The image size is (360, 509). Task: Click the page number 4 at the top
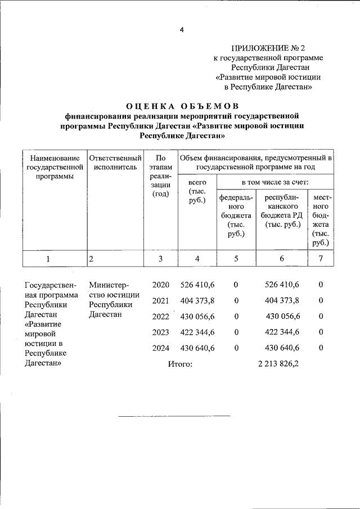click(x=182, y=30)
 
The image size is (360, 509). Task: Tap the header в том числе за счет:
click(x=275, y=183)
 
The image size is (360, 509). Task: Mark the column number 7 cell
click(x=320, y=259)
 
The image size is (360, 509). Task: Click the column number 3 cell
click(x=160, y=259)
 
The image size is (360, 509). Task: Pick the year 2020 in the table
click(x=160, y=285)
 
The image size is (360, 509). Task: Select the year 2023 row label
click(x=160, y=332)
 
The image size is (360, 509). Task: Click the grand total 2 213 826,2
click(x=278, y=364)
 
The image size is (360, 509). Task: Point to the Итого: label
click(x=180, y=364)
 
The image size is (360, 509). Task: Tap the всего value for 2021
click(x=197, y=301)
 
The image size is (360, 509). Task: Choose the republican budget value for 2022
click(x=282, y=317)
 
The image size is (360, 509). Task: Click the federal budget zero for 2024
click(x=236, y=348)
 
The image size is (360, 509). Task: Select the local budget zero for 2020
click(x=320, y=285)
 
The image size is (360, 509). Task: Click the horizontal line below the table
click(x=174, y=416)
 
